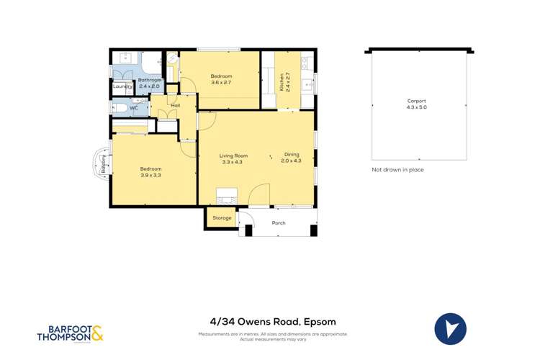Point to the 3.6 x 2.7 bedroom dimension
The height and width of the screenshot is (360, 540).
click(221, 83)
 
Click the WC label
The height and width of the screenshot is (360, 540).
click(134, 109)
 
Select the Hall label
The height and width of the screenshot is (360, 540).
click(175, 106)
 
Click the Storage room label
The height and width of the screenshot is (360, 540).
click(222, 217)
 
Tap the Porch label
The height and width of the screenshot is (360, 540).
click(279, 223)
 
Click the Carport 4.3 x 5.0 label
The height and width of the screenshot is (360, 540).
click(417, 104)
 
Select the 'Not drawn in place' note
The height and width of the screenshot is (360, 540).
click(397, 170)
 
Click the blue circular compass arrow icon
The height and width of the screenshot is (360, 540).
click(451, 329)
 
